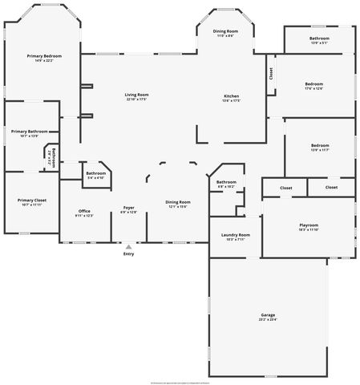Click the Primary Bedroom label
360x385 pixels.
pyautogui.click(x=44, y=55)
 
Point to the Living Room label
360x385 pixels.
pyautogui.click(x=137, y=95)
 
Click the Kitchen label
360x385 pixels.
pyautogui.click(x=231, y=95)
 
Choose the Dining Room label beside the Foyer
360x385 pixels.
pyautogui.click(x=177, y=201)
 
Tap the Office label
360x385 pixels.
pyautogui.click(x=84, y=211)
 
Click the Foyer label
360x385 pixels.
pyautogui.click(x=128, y=208)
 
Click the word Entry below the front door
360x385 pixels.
pyautogui.click(x=128, y=254)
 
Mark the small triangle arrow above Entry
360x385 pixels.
pyautogui.click(x=128, y=245)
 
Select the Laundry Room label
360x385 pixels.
pyautogui.click(x=235, y=235)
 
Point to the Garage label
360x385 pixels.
pyautogui.click(x=268, y=316)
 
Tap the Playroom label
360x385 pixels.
pyautogui.click(x=309, y=225)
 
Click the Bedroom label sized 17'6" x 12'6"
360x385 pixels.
pyautogui.click(x=313, y=84)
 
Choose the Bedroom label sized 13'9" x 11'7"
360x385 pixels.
pyautogui.click(x=319, y=146)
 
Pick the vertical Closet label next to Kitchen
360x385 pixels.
pyautogui.click(x=271, y=74)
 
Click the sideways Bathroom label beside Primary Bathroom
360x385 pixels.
pyautogui.click(x=53, y=158)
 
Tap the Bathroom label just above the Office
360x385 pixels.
pyautogui.click(x=96, y=173)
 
